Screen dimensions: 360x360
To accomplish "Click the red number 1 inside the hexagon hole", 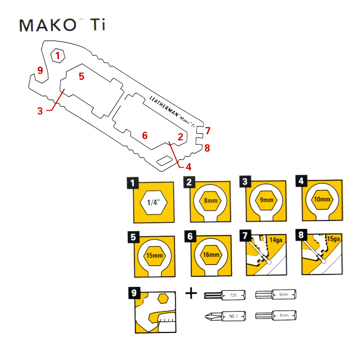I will click(58, 56).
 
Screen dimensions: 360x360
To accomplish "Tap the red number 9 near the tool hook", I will click(39, 70).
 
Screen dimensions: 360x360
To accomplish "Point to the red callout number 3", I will click(40, 111).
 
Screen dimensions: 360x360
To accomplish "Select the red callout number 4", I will click(188, 166).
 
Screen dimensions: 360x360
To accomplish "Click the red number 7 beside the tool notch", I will click(208, 131).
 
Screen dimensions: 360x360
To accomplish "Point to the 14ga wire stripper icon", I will click(265, 253).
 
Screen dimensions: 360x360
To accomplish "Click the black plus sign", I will click(191, 293).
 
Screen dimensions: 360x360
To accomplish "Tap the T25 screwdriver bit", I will click(224, 294).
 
